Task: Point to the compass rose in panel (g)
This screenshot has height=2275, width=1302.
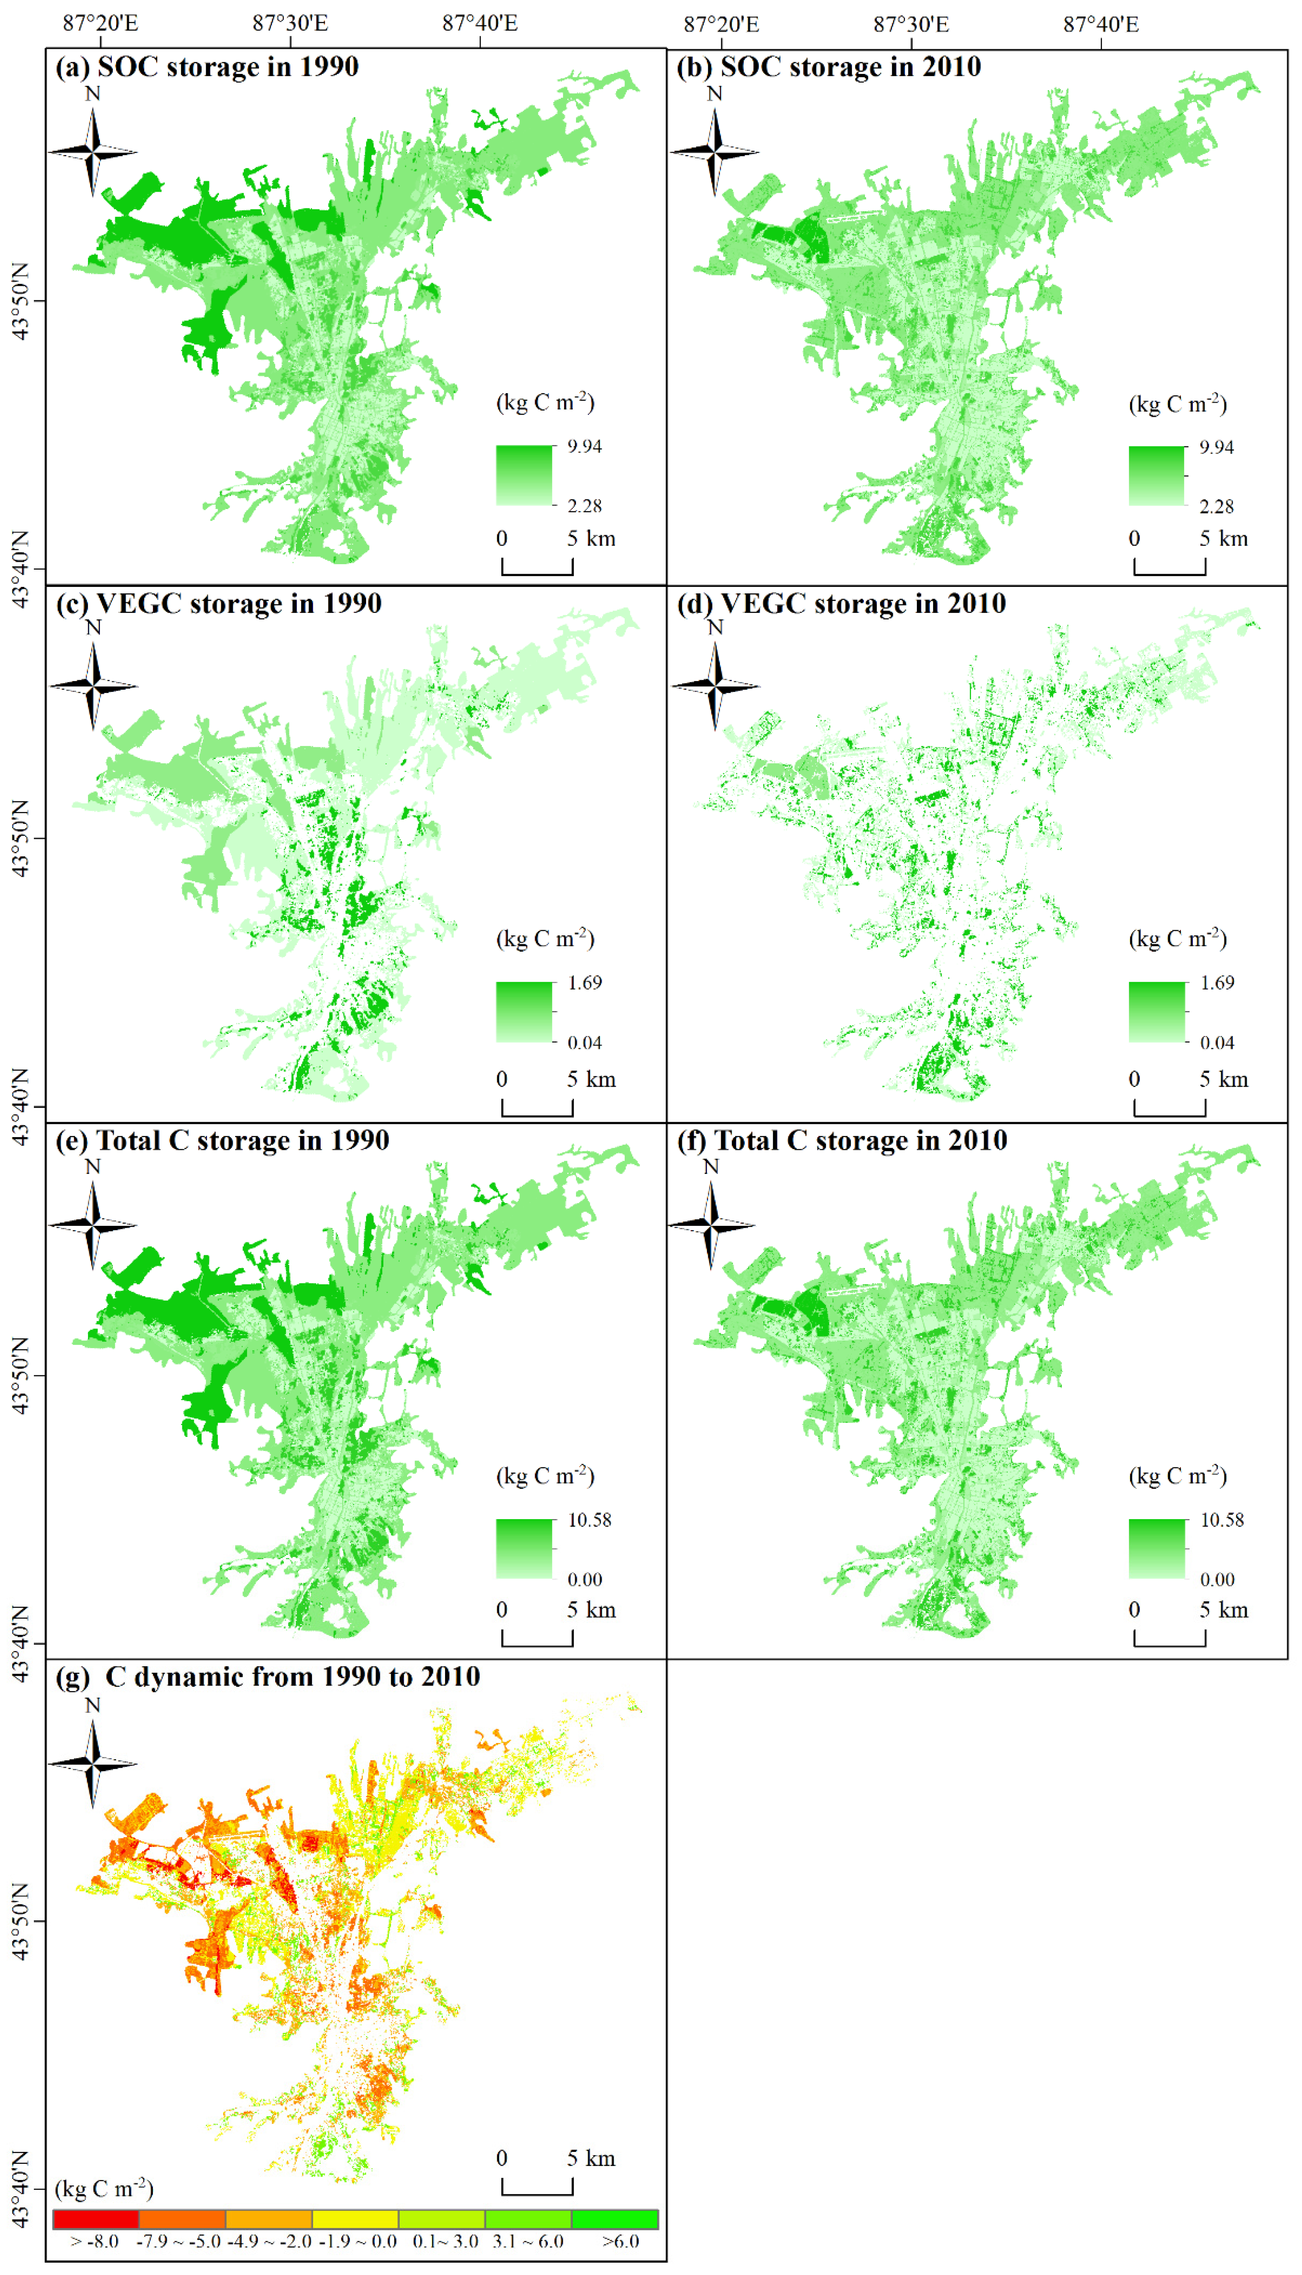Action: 93,1764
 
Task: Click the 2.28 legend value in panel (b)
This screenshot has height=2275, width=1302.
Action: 1216,507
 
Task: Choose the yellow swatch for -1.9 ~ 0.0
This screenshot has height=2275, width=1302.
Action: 355,2220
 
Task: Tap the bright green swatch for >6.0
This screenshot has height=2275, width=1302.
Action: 615,2220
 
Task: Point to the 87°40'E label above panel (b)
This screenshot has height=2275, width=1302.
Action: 1101,24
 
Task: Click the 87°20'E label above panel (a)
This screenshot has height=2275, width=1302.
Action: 100,23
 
